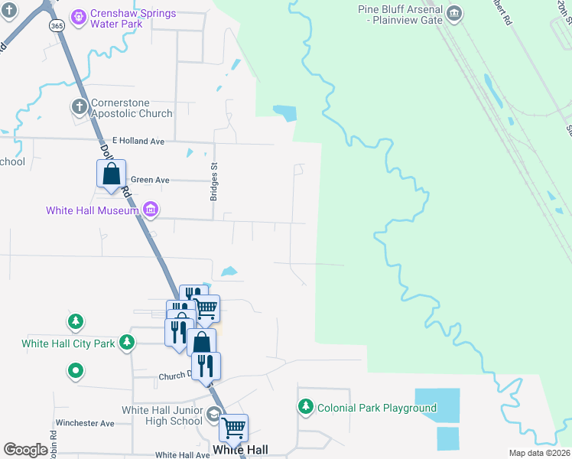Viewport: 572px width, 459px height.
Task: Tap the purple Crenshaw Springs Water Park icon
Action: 78,16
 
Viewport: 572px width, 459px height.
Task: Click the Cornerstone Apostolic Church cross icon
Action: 78,106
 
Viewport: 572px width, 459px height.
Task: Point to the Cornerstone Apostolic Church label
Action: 132,108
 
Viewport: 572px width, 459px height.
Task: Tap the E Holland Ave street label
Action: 138,141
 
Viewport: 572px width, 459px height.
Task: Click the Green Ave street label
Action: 149,180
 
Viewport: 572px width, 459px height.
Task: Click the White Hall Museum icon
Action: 151,209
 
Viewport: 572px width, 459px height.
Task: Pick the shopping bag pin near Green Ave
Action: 112,174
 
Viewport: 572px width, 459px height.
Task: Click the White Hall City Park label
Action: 68,343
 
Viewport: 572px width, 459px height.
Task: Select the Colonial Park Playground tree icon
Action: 306,405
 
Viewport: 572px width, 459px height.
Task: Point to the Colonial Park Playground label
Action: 376,408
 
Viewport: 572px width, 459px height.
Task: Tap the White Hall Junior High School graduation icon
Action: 213,414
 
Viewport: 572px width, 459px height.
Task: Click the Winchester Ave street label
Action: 84,423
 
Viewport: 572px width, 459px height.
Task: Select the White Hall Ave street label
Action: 182,454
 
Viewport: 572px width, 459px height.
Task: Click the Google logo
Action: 25,450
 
